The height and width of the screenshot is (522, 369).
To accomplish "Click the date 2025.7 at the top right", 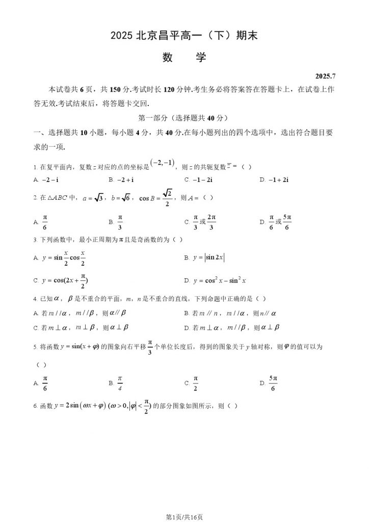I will tap(326, 76).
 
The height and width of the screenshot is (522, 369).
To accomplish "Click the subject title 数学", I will tap(184, 58).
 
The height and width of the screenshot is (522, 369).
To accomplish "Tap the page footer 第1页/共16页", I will tap(184, 517).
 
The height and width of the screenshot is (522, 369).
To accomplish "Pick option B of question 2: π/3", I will tap(120, 222).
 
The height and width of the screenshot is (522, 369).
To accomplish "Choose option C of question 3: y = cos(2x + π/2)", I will tap(63, 280).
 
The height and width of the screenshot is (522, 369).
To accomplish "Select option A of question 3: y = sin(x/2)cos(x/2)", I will tap(63, 258).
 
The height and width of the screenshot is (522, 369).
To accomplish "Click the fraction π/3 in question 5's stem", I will tap(150, 346).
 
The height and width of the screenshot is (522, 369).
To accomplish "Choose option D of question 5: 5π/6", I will tap(273, 382).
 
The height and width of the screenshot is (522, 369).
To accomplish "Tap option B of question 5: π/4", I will tap(120, 382).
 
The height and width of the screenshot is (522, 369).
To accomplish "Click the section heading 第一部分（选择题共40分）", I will tap(184, 118).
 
